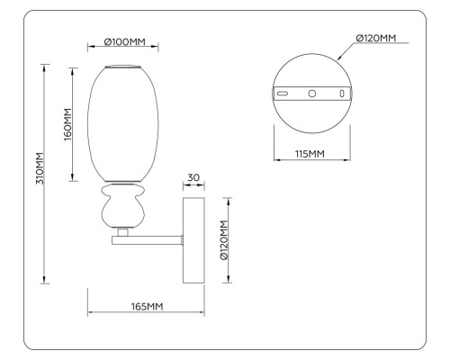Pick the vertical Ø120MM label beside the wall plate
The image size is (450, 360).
(x=224, y=240)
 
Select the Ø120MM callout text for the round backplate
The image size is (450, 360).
(x=375, y=38)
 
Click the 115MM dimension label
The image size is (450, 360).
(x=310, y=155)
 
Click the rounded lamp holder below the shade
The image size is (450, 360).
(x=123, y=209)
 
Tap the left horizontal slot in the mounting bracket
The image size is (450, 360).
(x=282, y=94)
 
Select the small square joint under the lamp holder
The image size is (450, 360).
(x=122, y=231)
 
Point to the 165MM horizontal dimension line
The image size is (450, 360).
(x=144, y=314)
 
